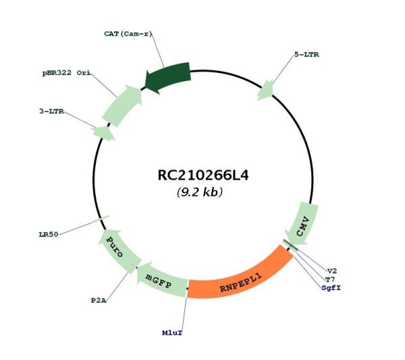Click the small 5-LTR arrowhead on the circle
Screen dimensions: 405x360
click(265, 91)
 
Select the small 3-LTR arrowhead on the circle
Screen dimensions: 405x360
click(104, 133)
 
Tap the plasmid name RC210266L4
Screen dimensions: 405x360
click(203, 175)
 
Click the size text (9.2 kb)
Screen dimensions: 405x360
click(200, 192)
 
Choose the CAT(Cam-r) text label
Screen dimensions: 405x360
click(128, 34)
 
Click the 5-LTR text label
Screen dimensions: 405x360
click(306, 55)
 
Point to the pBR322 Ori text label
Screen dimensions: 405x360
click(67, 73)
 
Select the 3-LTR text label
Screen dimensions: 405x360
click(52, 111)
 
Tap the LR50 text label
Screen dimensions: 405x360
click(49, 234)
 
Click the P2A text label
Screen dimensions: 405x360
click(99, 301)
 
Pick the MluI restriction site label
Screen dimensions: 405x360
click(172, 333)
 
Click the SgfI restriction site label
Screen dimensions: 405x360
click(331, 288)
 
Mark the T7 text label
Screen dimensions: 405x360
click(330, 280)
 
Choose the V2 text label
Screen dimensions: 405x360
click(332, 271)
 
